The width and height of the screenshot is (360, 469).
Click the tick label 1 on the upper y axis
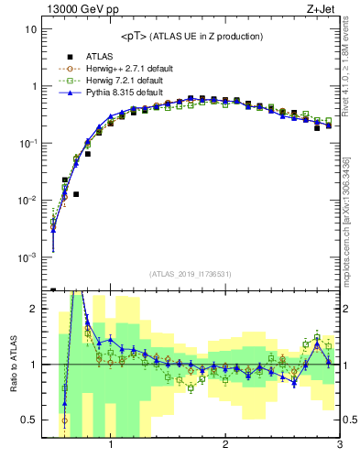32,86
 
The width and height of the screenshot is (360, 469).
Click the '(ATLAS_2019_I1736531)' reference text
190,274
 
